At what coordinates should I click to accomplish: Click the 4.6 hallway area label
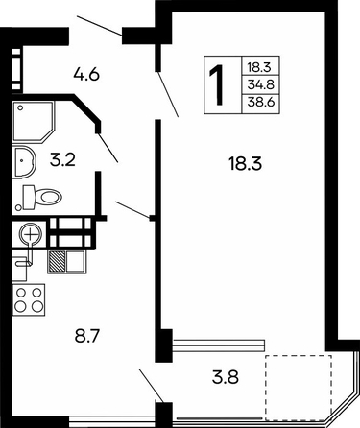86,75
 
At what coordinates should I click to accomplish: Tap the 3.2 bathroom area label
62,159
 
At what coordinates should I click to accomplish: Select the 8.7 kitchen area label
88,337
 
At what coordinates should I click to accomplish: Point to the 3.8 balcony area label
226,377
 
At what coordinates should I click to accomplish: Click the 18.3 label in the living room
246,164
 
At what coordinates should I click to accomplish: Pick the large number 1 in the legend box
217,84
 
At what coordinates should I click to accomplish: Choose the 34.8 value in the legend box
261,84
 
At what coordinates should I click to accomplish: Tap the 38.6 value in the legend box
261,103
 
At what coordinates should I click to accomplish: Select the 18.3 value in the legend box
259,67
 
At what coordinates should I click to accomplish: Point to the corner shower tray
33,122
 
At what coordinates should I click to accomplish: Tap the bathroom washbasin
24,162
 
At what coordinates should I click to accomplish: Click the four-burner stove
29,299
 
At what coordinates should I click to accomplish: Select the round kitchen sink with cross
31,235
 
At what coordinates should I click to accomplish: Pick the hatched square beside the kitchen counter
57,261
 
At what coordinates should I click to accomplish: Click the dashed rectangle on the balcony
299,386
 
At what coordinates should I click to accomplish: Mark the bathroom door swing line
108,148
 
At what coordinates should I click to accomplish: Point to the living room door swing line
168,95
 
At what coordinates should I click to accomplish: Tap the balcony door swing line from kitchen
152,386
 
